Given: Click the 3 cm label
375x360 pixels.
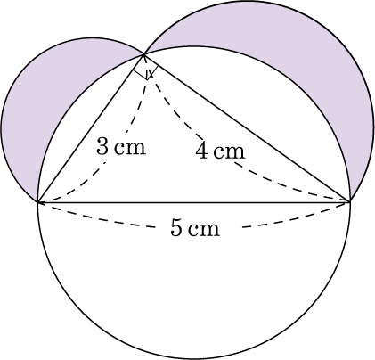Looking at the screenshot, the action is (x=121, y=147).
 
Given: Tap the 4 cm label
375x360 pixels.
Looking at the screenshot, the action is (x=220, y=151).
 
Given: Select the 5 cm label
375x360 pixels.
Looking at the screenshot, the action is (x=195, y=228).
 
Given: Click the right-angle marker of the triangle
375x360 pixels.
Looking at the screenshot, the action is (x=145, y=71).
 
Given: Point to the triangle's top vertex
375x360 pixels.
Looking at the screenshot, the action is (x=143, y=54).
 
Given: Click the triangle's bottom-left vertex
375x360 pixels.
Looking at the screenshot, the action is (x=37, y=202).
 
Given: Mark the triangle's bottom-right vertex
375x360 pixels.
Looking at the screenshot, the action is (x=350, y=202).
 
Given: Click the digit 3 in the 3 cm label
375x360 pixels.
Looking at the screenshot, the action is (x=102, y=147).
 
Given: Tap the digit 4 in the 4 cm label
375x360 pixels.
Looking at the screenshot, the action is (x=201, y=151).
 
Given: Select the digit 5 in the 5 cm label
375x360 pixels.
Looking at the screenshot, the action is (x=176, y=228).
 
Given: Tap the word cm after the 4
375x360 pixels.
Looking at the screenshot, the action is (x=230, y=152).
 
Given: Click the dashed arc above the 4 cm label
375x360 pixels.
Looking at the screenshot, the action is (x=175, y=110).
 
